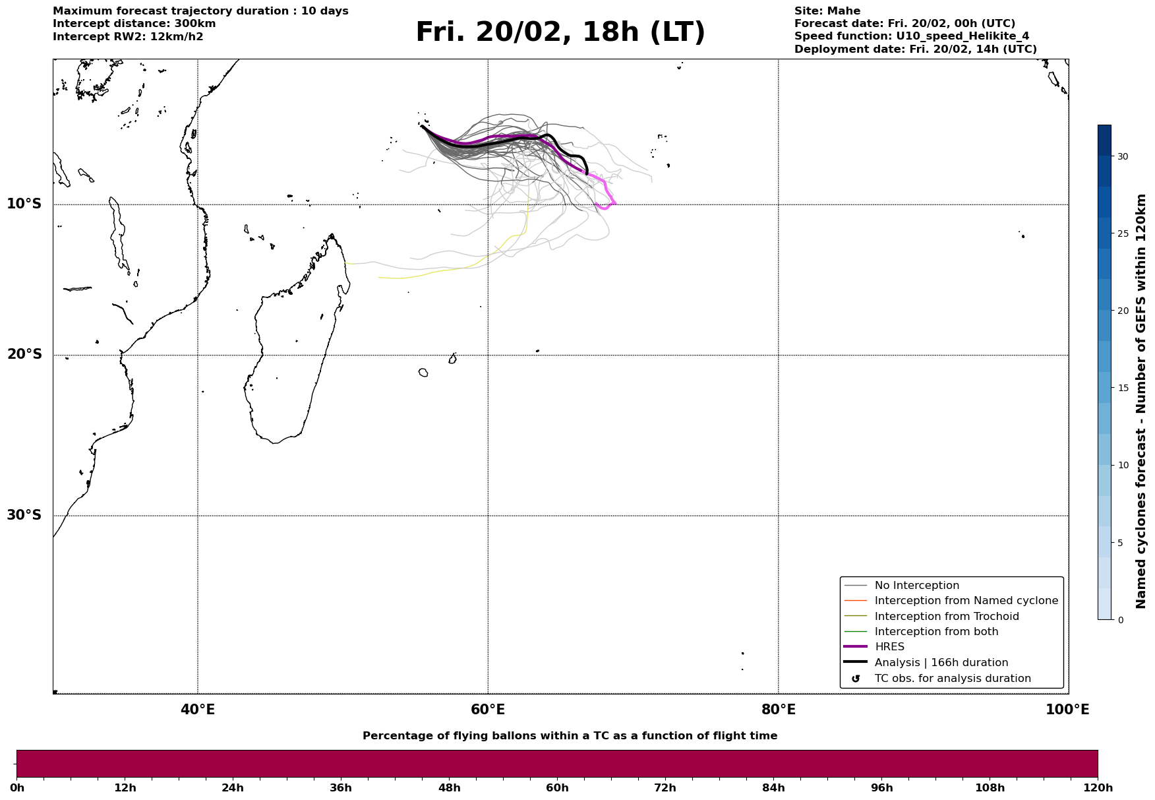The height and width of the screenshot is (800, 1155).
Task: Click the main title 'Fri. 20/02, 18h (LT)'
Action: (x=560, y=32)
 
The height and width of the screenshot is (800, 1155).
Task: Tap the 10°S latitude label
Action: (x=24, y=204)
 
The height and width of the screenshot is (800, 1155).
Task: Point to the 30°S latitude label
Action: (x=24, y=515)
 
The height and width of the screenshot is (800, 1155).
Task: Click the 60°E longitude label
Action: (x=488, y=710)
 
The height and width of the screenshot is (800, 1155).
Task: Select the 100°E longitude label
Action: (x=1067, y=710)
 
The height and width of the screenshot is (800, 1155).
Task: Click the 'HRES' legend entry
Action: (x=889, y=647)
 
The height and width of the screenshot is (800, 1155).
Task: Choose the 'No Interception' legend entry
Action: (x=916, y=586)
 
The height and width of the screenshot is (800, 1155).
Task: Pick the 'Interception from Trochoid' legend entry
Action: (x=946, y=617)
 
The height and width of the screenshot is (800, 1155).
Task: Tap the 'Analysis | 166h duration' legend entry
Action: (x=941, y=663)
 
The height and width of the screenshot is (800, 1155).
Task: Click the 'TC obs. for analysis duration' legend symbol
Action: (x=856, y=679)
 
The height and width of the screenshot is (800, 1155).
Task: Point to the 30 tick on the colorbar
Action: (x=1122, y=156)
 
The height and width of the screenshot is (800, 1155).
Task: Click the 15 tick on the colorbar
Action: (x=1122, y=388)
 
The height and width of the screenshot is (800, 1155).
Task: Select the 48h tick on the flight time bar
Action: (x=449, y=787)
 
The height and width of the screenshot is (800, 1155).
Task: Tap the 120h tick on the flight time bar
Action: (x=1098, y=787)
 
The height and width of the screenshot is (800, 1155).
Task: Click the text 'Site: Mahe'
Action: (x=827, y=11)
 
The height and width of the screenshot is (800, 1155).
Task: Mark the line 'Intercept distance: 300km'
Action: (x=134, y=24)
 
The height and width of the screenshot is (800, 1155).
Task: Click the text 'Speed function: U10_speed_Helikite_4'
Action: (x=911, y=36)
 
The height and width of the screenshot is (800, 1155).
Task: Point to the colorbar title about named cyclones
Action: (x=1141, y=401)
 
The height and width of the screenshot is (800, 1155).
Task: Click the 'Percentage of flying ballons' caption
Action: (x=570, y=736)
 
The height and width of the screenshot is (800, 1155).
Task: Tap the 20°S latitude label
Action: (x=24, y=355)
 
